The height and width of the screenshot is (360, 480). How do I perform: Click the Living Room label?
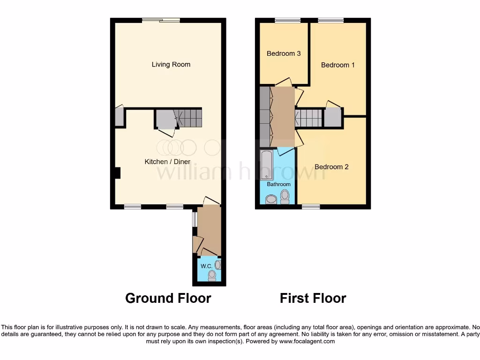click(171, 64)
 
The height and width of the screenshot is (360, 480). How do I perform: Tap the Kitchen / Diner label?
click(167, 162)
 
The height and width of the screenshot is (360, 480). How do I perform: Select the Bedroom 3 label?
click(284, 53)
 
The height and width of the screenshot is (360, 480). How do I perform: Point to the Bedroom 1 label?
click(337, 65)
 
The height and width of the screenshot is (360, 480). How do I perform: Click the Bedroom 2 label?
click(331, 167)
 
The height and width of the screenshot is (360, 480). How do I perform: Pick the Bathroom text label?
click(278, 184)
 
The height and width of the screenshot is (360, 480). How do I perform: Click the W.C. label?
click(206, 266)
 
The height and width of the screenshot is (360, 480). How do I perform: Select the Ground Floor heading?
click(168, 298)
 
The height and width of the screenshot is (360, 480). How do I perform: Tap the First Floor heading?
click(313, 298)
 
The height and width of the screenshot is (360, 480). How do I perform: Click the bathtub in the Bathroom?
click(267, 165)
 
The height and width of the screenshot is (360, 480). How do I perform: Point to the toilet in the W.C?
click(212, 275)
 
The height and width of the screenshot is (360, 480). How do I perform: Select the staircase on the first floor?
click(309, 118)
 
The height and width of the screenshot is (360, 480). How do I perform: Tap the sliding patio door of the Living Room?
click(161, 20)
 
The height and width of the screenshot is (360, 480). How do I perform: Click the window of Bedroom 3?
click(287, 20)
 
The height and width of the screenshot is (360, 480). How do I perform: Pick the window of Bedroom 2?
click(310, 206)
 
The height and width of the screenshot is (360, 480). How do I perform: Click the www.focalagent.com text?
click(307, 342)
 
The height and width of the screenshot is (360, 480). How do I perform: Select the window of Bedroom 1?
click(331, 20)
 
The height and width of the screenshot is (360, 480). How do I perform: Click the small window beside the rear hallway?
click(195, 220)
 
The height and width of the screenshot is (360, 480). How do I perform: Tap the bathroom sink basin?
click(271, 200)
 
